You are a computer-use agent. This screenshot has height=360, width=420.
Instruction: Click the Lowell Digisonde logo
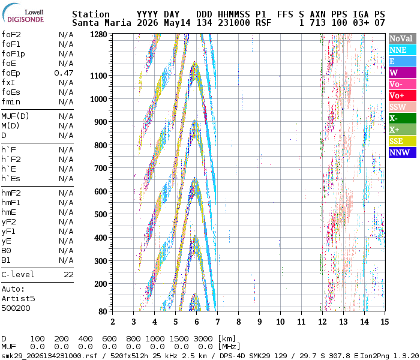23,13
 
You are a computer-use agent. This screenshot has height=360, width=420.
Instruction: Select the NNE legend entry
403,50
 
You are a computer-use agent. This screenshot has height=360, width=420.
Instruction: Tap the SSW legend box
403,107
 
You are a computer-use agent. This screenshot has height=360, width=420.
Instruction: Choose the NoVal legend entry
403,38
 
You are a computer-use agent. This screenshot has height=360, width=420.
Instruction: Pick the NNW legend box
403,152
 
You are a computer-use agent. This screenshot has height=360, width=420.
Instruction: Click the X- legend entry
403,118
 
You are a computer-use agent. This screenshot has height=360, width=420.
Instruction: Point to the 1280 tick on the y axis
98,35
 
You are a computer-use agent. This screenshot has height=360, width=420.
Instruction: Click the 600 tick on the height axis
101,191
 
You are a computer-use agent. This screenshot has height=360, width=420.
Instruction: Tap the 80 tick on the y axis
103,311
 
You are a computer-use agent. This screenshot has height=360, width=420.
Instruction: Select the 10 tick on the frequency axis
280,322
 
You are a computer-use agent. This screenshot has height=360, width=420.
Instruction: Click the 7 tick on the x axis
217,322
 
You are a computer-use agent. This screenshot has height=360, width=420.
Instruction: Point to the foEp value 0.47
64,73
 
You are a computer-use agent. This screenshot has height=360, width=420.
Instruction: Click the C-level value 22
68,275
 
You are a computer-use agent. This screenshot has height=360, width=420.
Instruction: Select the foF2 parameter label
11,35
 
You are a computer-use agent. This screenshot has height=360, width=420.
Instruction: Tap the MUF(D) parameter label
15,116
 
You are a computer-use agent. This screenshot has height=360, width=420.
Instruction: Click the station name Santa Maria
102,23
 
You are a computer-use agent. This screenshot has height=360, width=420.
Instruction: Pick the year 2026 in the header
148,23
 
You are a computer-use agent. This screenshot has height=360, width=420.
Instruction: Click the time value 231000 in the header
234,23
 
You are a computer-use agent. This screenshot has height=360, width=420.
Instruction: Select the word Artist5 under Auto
18,299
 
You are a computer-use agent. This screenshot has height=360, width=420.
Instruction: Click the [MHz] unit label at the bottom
229,347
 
